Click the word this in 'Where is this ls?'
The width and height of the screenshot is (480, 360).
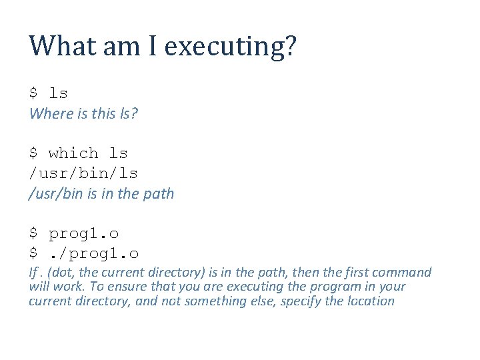click(x=103, y=113)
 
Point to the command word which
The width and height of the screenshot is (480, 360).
click(x=73, y=153)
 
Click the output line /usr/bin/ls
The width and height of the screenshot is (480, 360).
click(x=83, y=173)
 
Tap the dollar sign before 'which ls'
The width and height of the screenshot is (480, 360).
click(x=33, y=153)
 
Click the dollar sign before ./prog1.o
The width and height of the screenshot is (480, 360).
click(x=33, y=253)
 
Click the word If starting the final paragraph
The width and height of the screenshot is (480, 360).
click(x=33, y=272)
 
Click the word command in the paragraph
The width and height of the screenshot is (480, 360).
click(x=403, y=272)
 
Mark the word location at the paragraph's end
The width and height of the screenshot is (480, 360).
click(x=368, y=301)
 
